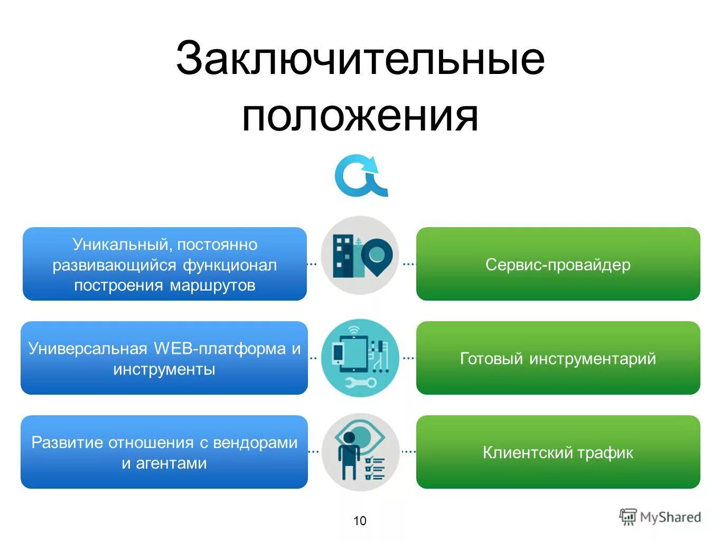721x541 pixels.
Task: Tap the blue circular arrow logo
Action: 360,175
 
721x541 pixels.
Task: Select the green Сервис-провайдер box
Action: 558,264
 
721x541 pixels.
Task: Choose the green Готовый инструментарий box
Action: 558,358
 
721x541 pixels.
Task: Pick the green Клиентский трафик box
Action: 558,452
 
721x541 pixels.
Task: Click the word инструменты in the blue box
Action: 164,369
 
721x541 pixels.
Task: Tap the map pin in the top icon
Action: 376,256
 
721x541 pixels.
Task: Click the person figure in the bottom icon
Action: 349,454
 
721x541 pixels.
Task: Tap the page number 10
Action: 360,521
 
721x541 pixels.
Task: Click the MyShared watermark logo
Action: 660,517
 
